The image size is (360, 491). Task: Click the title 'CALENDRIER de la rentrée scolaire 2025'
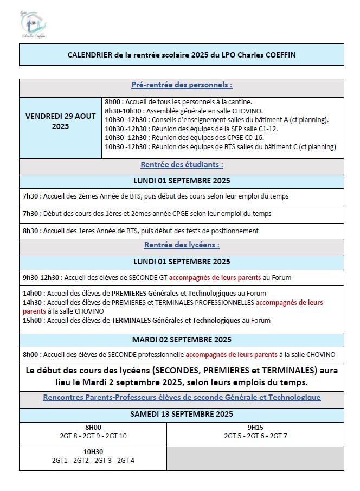tap(182, 55)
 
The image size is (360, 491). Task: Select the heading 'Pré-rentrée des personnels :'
tap(182, 85)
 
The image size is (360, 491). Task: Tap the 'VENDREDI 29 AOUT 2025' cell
tap(60, 121)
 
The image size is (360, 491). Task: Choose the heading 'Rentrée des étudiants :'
tap(182, 164)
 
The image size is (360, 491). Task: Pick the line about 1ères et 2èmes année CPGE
tap(147, 214)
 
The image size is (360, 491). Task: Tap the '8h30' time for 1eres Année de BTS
tap(30, 231)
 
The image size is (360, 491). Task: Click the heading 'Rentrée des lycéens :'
tap(182, 245)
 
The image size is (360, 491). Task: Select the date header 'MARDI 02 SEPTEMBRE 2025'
tap(182, 340)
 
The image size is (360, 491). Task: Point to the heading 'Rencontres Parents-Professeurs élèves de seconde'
tap(182, 397)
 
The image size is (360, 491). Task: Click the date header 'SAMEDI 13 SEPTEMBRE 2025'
tap(182, 414)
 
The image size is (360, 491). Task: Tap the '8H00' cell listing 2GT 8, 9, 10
tap(93, 432)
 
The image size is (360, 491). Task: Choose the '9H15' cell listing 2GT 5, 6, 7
tap(255, 432)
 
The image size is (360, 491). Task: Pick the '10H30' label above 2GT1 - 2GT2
tap(93, 451)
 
